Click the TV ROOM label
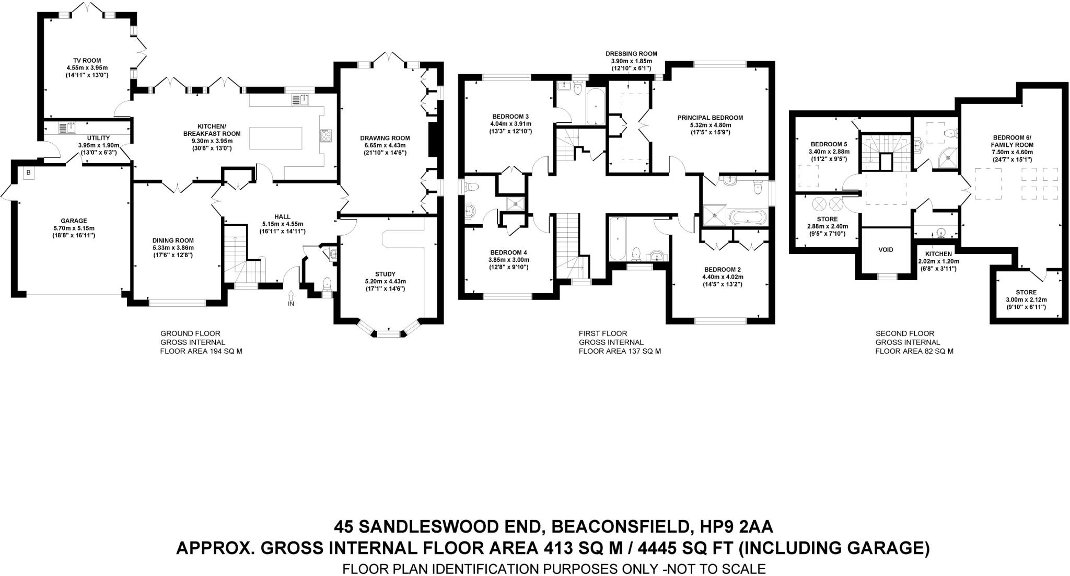point(87,61)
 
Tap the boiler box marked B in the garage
point(28,173)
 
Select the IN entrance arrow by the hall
point(291,296)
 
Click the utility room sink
point(68,128)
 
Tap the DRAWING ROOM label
point(385,139)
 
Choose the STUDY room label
point(385,274)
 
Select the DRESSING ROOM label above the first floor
point(631,54)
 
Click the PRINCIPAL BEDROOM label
point(710,118)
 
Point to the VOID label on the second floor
point(886,250)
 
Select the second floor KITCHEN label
point(938,254)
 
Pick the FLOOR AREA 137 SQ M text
point(620,351)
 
